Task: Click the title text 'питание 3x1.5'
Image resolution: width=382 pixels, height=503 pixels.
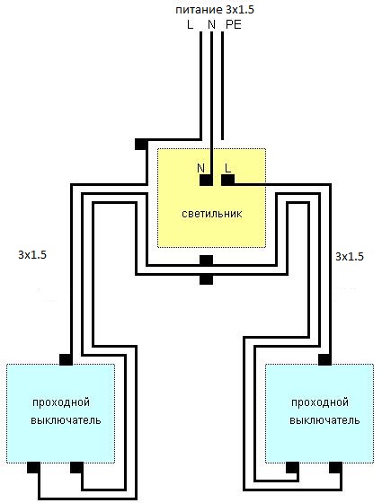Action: [x=215, y=10]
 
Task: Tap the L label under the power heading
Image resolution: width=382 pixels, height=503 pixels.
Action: [x=190, y=25]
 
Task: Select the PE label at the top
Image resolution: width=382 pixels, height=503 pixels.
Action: [x=234, y=25]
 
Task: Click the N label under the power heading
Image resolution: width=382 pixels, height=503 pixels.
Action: [x=211, y=25]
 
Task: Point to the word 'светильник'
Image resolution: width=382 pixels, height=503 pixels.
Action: [x=212, y=214]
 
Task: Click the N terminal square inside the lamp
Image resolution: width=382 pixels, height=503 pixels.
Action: [x=207, y=181]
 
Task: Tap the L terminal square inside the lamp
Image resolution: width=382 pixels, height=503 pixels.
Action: [x=228, y=181]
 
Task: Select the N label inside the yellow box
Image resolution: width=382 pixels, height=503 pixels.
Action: [x=201, y=168]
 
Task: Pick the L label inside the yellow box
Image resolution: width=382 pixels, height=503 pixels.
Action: [x=227, y=168]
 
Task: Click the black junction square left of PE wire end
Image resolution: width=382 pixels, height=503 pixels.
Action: [x=141, y=144]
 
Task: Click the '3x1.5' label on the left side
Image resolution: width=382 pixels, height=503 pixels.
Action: [x=32, y=255]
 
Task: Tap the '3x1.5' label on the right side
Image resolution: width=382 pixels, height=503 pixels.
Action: [x=350, y=256]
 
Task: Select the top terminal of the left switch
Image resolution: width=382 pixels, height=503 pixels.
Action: [x=67, y=359]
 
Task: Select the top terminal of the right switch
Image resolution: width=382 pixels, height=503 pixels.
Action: [x=324, y=359]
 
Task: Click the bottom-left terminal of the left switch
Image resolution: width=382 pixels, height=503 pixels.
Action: [x=34, y=468]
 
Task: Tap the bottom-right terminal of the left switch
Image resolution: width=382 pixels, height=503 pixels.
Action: [x=76, y=468]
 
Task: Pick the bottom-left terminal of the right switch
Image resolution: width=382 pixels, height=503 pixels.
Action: [x=292, y=468]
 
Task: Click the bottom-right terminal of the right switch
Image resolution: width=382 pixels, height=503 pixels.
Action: [x=335, y=468]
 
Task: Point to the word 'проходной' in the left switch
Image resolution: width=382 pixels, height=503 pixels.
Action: [x=61, y=402]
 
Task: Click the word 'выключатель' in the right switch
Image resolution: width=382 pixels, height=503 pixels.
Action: [x=324, y=420]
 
